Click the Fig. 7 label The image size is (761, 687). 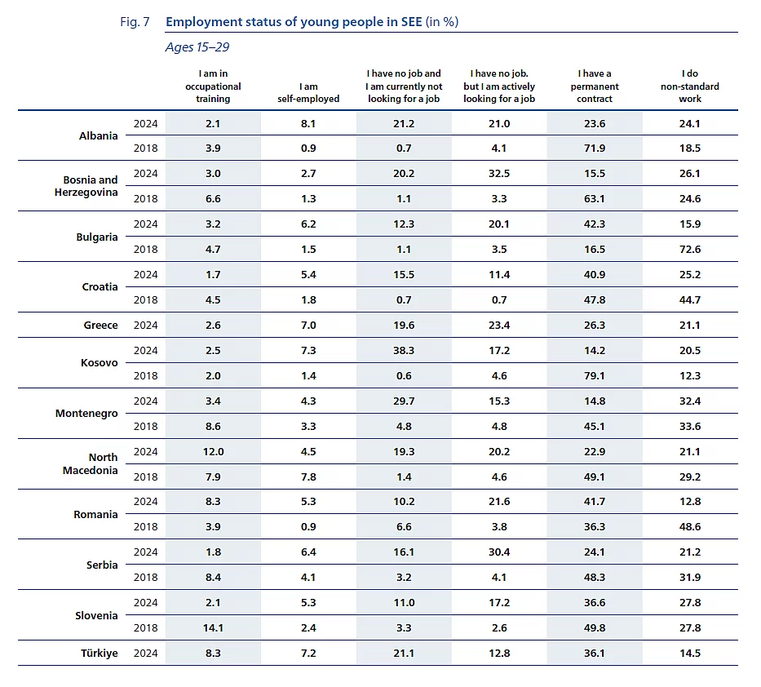coord(135,22)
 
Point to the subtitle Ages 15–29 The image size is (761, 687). coord(197,47)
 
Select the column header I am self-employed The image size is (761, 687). coord(308,92)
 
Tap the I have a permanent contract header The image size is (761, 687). coord(594,86)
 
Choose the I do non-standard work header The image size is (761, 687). coord(689,86)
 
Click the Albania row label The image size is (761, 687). coord(98,135)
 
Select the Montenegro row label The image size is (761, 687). coord(86,413)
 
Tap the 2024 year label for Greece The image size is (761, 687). coord(145,325)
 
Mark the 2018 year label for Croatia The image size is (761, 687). coord(145,299)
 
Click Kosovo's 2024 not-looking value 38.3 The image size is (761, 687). coord(403,350)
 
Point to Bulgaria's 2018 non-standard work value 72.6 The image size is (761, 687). coord(689,249)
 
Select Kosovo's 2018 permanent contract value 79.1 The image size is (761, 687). coord(594,375)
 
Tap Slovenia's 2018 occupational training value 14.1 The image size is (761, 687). coord(212,627)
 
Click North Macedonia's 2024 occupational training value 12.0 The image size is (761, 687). coord(212,451)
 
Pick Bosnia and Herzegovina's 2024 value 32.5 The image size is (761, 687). coord(498,173)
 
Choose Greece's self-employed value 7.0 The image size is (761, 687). coord(308,325)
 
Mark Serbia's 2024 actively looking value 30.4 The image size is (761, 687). coord(498,552)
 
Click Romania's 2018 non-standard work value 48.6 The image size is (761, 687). coord(689,526)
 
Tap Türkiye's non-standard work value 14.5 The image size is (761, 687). coord(689,653)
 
